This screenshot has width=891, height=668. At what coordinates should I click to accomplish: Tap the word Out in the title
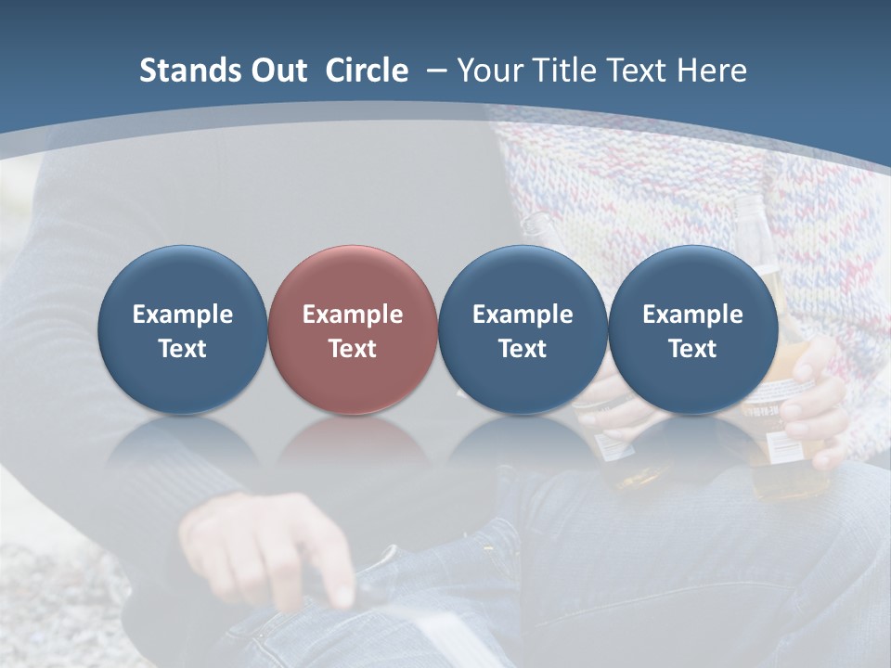point(277,71)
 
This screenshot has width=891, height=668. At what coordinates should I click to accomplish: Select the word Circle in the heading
point(367,71)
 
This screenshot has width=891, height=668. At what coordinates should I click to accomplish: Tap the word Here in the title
point(711,71)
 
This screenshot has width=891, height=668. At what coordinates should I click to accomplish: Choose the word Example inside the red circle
point(353,315)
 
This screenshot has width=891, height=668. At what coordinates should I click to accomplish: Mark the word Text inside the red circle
point(353,349)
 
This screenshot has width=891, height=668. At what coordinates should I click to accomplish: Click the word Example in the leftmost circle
point(182,315)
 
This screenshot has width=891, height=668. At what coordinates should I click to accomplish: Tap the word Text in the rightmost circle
point(692,349)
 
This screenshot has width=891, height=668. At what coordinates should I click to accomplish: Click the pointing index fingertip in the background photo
point(344,594)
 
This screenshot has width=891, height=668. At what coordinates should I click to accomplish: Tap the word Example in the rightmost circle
point(692,315)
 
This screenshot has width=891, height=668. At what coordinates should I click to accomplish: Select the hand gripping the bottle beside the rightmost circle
point(815,399)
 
